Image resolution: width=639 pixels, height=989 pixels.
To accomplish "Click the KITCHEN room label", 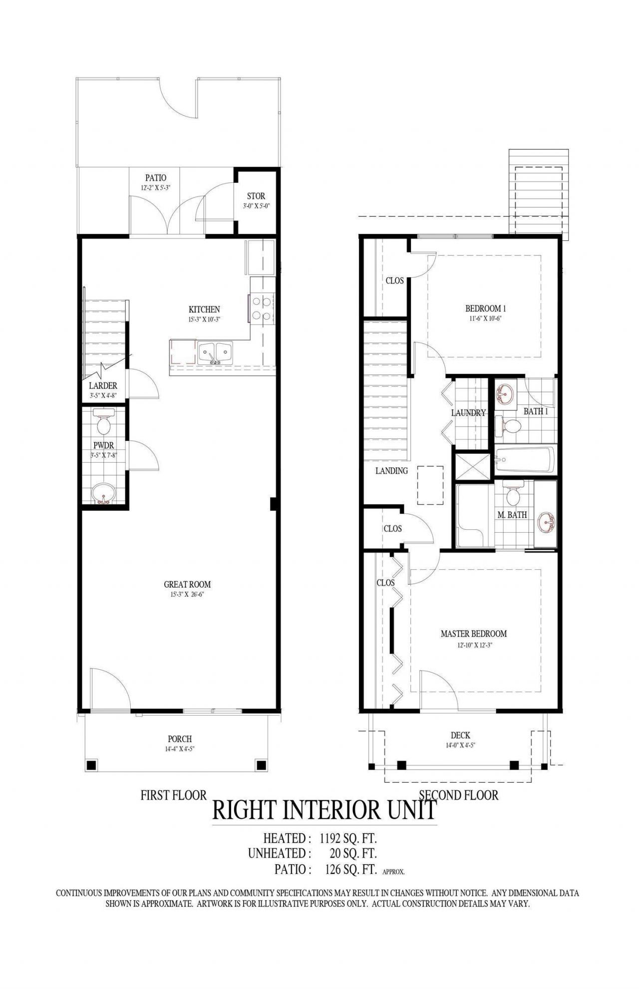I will (204, 309).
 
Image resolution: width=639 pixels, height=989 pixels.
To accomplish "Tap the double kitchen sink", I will (216, 353).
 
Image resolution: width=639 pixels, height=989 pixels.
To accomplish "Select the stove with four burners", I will (262, 308).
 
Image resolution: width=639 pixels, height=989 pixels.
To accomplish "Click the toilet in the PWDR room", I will (104, 424).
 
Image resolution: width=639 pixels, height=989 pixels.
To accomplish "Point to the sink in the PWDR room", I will (104, 494).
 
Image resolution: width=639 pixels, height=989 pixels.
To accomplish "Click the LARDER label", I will (103, 385).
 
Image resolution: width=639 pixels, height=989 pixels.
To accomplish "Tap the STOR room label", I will (256, 196).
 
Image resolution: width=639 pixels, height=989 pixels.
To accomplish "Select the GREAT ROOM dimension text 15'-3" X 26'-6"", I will (187, 595).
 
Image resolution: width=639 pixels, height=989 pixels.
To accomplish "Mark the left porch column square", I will (91, 765).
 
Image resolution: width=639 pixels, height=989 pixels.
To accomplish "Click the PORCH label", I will (180, 739).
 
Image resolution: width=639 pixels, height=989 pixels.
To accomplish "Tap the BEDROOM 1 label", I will (486, 309).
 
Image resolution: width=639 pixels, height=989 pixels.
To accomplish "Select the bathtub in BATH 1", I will (525, 460).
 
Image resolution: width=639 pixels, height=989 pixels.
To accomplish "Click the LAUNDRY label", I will (468, 413).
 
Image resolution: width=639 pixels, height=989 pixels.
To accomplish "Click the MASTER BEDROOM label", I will (473, 634).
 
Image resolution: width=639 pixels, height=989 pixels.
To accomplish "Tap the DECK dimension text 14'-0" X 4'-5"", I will (460, 745).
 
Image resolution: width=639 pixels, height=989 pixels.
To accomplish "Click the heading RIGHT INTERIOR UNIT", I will (324, 810).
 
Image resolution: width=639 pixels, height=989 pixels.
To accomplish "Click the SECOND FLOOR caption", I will (458, 795).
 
